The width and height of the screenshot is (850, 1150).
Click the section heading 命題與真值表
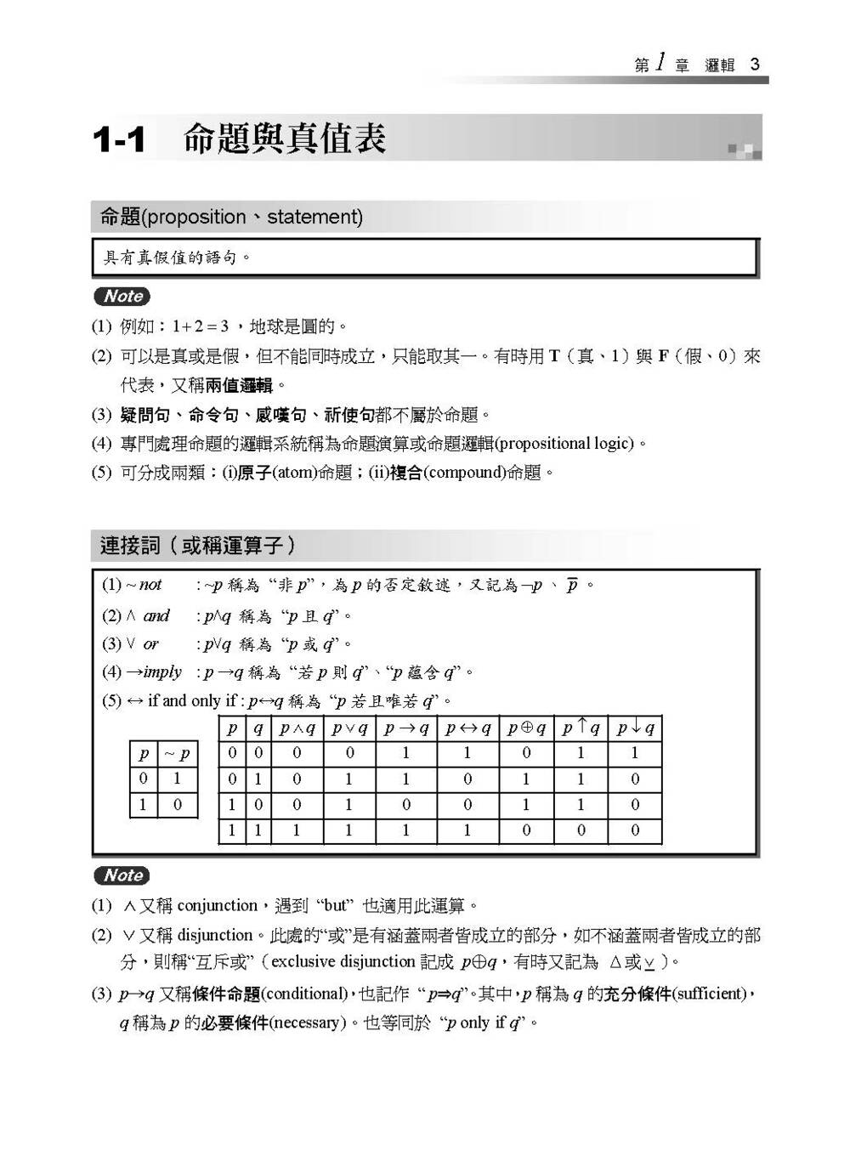[x=285, y=139]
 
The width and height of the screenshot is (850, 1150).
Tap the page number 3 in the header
[x=755, y=65]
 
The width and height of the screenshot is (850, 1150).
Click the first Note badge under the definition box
[x=122, y=297]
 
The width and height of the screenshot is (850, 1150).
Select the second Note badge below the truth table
[x=122, y=875]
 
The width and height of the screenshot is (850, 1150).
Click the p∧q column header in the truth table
[x=297, y=728]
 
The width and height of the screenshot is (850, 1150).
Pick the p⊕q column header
[x=526, y=728]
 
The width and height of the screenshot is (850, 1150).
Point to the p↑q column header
[x=581, y=728]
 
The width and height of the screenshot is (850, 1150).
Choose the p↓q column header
[x=635, y=728]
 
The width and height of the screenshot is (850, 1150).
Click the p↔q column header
[x=467, y=728]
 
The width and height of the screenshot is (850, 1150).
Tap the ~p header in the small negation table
[x=177, y=754]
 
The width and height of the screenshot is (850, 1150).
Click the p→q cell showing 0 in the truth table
[x=405, y=805]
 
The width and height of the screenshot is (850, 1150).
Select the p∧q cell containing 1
[x=297, y=830]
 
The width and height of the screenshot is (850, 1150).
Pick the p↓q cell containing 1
[x=635, y=753]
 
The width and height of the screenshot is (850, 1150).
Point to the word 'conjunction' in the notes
[x=218, y=906]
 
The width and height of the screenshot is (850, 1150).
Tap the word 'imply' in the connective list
[x=162, y=672]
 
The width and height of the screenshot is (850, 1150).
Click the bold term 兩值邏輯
[x=239, y=386]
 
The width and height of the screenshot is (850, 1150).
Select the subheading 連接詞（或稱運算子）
[x=198, y=546]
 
